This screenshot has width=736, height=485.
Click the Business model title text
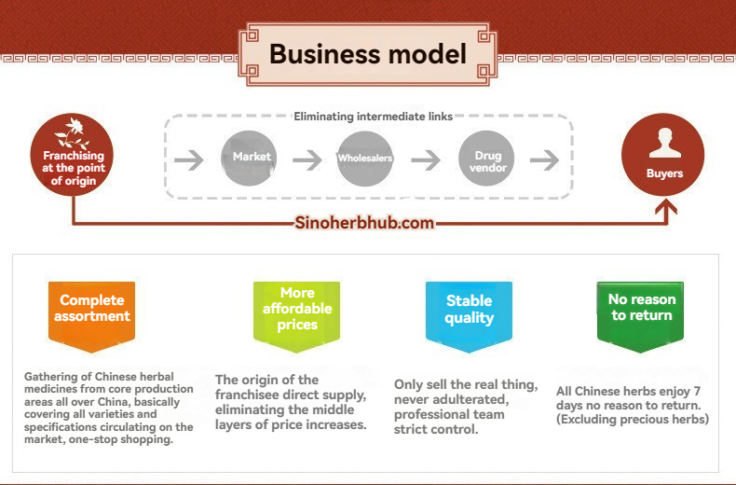click(368, 53)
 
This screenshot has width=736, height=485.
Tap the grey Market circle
click(249, 158)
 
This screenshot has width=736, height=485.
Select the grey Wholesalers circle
click(364, 159)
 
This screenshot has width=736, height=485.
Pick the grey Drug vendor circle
click(486, 159)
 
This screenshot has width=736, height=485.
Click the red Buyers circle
click(662, 155)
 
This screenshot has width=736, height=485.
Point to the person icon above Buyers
click(665, 143)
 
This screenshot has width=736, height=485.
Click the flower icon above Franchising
click(72, 133)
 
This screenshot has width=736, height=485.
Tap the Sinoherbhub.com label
click(364, 222)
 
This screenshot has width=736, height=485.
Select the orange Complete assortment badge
click(92, 316)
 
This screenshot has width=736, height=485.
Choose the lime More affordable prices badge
click(296, 316)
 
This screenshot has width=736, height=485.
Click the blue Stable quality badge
click(469, 316)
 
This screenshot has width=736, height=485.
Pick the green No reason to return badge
click(641, 316)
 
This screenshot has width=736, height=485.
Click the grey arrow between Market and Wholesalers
click(307, 160)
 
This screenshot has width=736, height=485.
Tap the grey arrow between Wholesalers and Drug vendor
click(426, 160)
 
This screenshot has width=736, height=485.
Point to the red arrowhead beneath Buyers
click(666, 207)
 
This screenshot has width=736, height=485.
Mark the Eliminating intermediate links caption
click(374, 117)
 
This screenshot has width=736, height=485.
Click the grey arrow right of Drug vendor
click(544, 160)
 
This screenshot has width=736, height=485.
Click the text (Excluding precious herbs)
click(633, 419)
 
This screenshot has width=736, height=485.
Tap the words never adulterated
click(451, 399)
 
